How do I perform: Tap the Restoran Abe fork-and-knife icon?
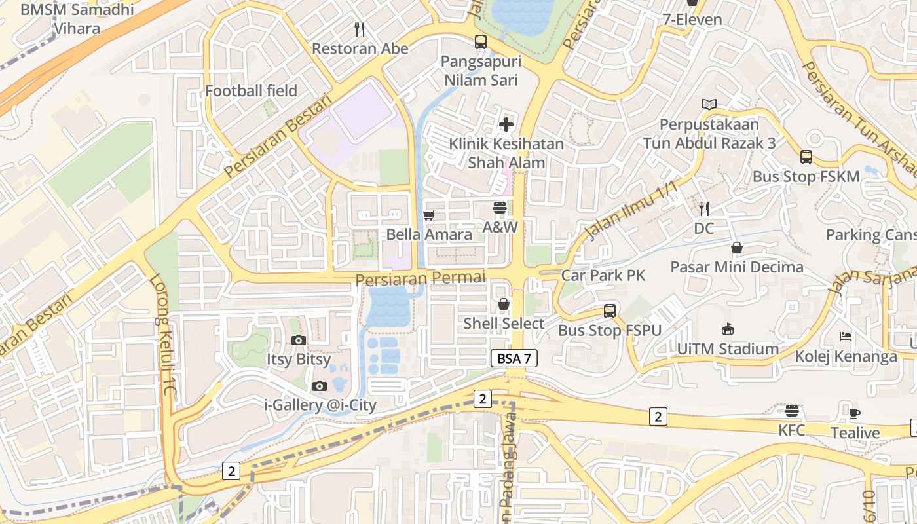coord(359,29)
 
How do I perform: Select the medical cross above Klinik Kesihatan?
coord(506,124)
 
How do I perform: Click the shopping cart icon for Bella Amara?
coord(429,215)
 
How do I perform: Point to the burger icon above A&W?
coord(500,208)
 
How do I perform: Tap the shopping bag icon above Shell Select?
coord(504,304)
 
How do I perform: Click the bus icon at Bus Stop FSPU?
coord(610,311)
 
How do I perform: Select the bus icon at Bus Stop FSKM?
coord(806,157)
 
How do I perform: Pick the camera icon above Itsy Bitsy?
coord(299,340)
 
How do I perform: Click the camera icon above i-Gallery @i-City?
coord(320,386)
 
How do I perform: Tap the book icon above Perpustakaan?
coord(709,104)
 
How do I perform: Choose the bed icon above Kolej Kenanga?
coord(846,337)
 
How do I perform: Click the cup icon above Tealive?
coord(855,413)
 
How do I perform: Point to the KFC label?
coord(791,430)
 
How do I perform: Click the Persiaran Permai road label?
coord(421,278)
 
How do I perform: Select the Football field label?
coord(251,91)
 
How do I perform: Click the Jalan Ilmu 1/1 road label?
coord(630,211)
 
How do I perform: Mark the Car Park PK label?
coord(603,275)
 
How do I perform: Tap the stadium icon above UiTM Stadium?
coord(727,329)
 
